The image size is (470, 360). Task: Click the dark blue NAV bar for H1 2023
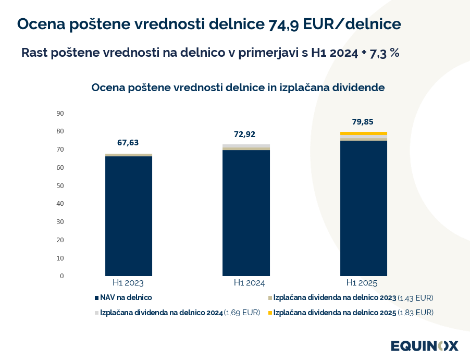click(129, 216)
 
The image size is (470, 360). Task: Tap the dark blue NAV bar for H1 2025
click(363, 208)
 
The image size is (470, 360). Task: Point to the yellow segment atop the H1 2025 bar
click(363, 133)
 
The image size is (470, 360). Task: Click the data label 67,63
click(128, 143)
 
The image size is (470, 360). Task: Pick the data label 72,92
click(245, 134)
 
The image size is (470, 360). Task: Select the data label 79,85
click(363, 122)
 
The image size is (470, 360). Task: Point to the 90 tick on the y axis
click(60, 113)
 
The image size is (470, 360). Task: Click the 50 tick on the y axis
click(60, 185)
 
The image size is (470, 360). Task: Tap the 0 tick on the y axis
click(61, 276)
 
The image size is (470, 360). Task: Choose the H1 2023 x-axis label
click(128, 283)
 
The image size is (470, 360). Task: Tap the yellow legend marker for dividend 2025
click(270, 313)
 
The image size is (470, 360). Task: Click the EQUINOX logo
click(425, 345)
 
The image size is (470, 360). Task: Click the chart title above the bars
click(238, 88)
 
